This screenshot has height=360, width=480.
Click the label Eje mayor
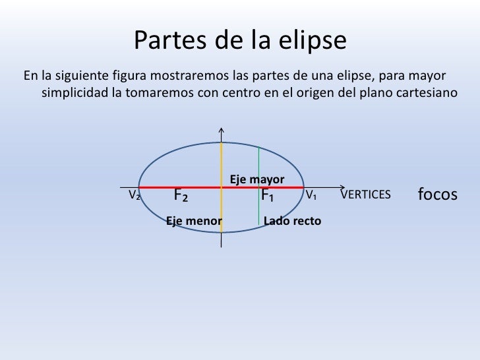coord(256,179)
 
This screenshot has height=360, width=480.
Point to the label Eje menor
coord(193,221)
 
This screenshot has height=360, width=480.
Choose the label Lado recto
coord(292,221)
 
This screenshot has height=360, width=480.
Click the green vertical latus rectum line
coord(259,165)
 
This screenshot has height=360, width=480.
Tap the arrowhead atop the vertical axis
coord(222,129)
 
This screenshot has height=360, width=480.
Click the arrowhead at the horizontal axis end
coord(342,187)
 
